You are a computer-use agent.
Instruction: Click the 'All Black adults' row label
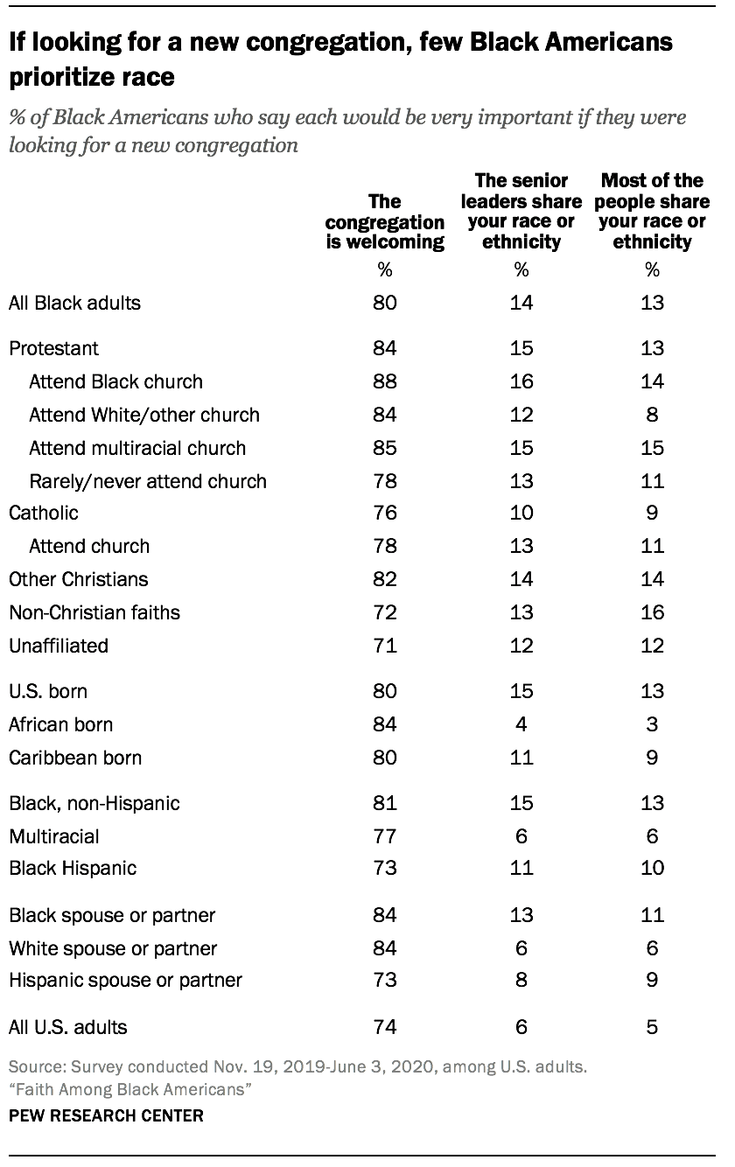point(74,304)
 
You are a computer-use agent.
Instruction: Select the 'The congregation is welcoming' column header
point(385,223)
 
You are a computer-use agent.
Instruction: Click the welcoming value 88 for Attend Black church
point(385,381)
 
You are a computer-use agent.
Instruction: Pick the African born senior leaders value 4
point(521,724)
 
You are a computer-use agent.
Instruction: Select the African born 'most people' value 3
point(652,724)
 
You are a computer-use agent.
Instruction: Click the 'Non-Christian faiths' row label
point(94,612)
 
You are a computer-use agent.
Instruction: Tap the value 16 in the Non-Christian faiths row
point(652,612)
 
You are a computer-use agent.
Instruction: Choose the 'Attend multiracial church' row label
point(137,448)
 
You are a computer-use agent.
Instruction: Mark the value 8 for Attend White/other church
point(652,415)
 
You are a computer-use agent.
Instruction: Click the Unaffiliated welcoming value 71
point(385,646)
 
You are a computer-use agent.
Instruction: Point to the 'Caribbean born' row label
point(74,758)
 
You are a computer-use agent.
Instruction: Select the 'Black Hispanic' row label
point(73,868)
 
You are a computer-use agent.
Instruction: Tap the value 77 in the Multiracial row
point(385,836)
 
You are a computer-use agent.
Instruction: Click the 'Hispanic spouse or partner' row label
point(125,980)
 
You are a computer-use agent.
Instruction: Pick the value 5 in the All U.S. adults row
point(652,1027)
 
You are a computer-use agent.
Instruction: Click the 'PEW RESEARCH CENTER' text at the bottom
point(106,1115)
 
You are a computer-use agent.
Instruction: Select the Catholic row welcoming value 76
point(385,513)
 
